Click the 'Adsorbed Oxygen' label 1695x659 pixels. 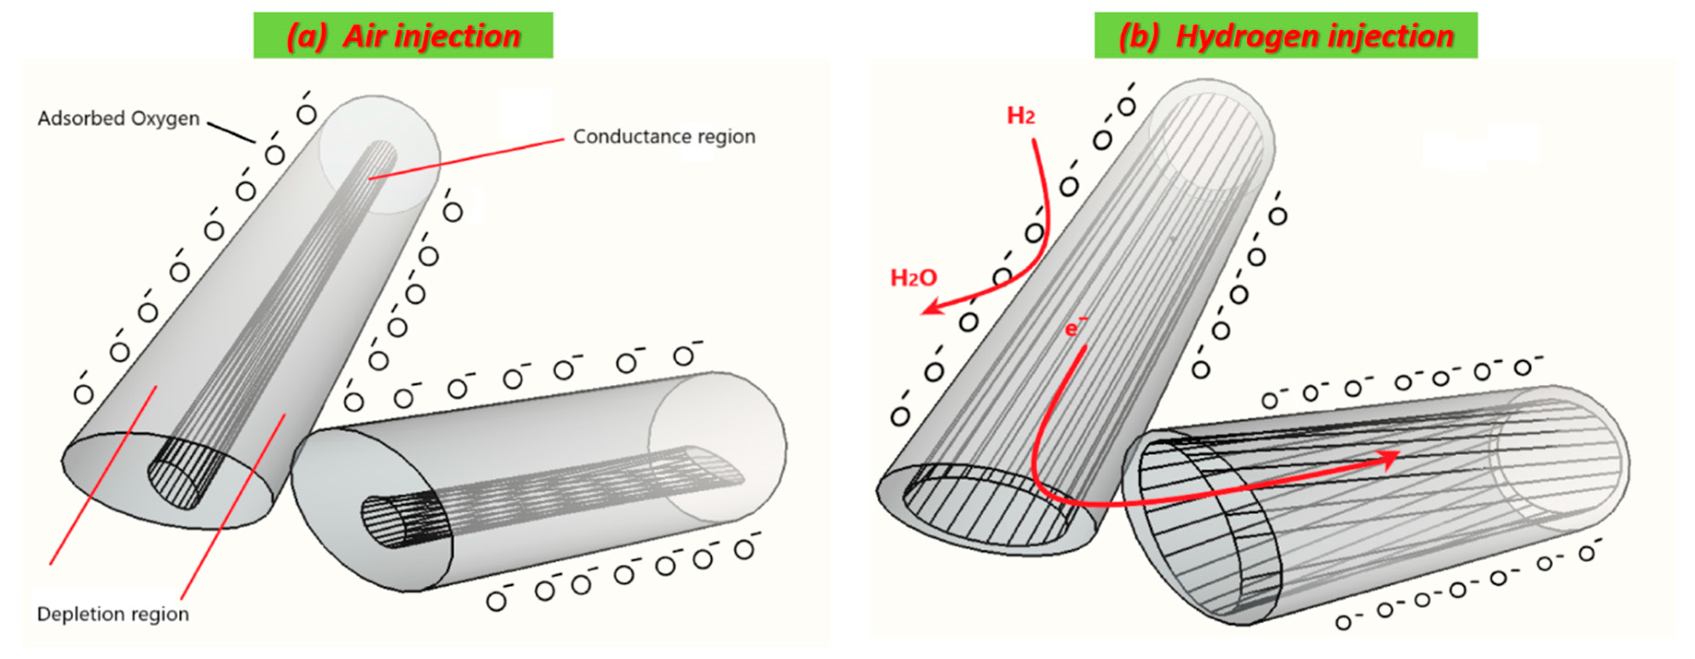[x=118, y=118]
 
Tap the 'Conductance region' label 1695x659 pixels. [x=663, y=137]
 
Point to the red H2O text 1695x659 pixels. [x=913, y=278]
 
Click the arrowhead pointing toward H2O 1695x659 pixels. [x=931, y=306]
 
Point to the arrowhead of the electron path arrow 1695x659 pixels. [x=1388, y=459]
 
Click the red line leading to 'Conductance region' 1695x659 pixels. [x=467, y=159]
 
